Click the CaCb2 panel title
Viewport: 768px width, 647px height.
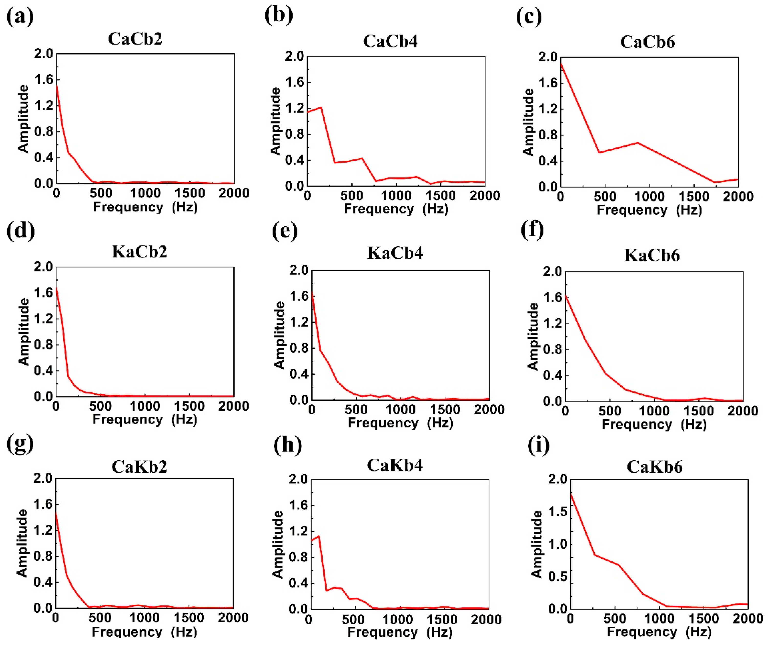(x=135, y=39)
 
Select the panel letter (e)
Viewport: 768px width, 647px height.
(x=285, y=231)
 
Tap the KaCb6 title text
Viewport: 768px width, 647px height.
(x=652, y=255)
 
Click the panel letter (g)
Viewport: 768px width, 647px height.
(x=20, y=444)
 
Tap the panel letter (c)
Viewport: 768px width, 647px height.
(x=529, y=17)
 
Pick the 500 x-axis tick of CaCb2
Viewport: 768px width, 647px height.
(x=100, y=193)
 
